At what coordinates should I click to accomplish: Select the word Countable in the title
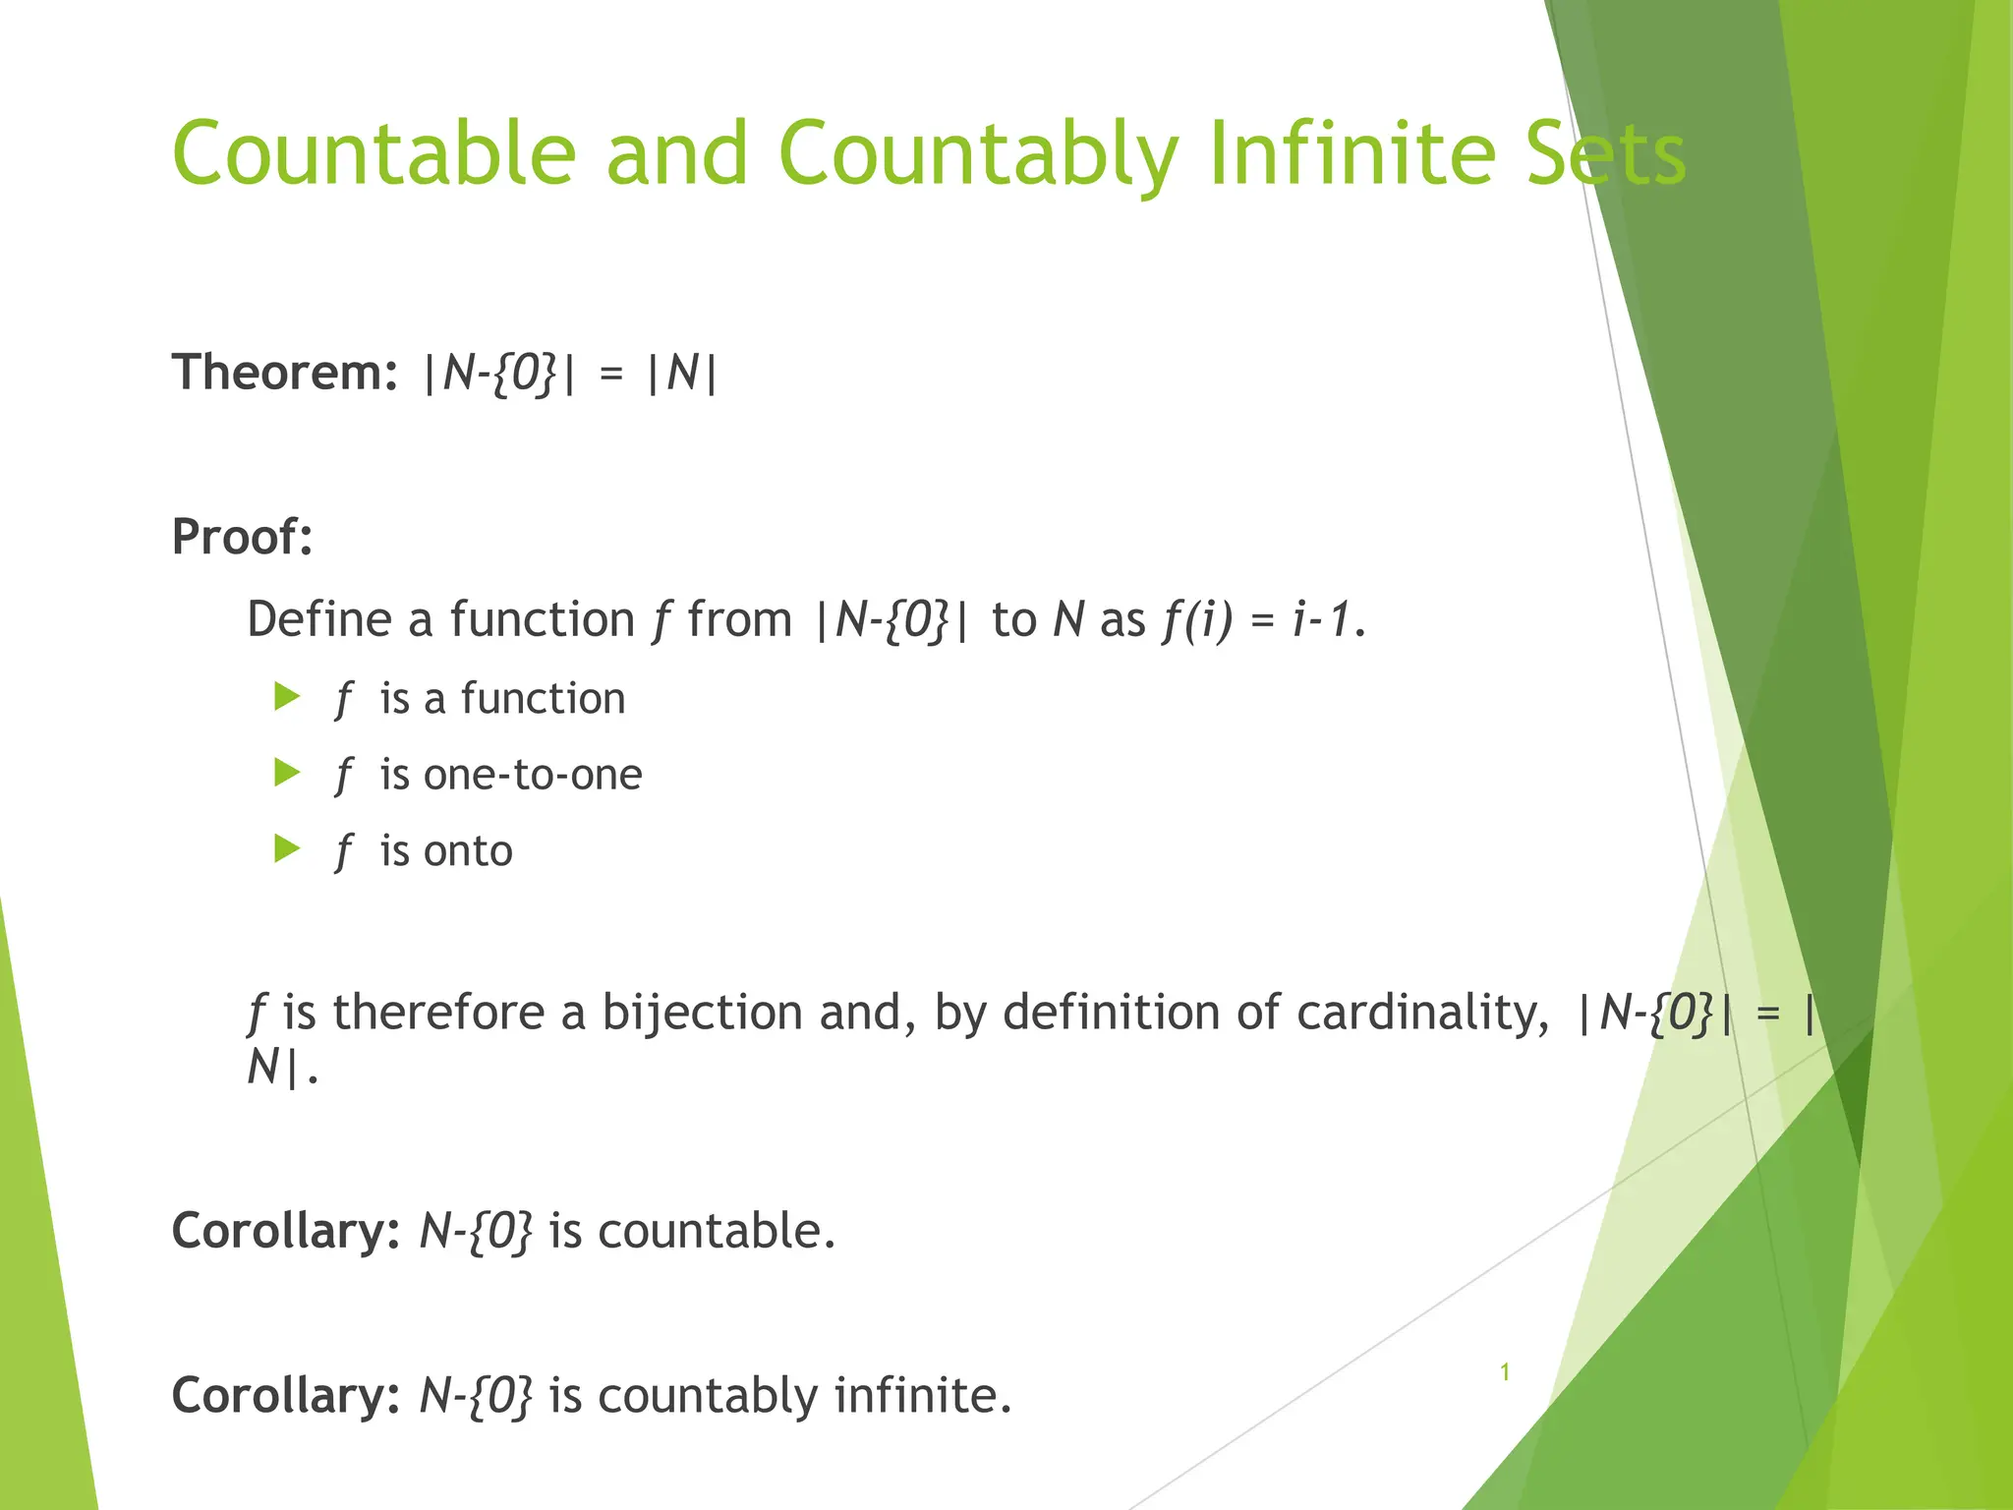(x=374, y=153)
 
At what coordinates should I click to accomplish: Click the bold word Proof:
(x=242, y=537)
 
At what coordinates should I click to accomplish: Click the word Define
(x=319, y=619)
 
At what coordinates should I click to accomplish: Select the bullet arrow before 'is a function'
(x=287, y=698)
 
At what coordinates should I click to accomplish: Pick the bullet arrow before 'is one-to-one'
(x=287, y=774)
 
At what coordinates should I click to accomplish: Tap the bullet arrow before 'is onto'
(x=287, y=849)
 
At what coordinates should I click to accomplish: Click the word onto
(x=467, y=851)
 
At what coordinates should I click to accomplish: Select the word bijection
(x=702, y=1013)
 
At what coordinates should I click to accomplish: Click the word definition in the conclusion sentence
(x=1110, y=1013)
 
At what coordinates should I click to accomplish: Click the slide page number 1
(x=1505, y=1372)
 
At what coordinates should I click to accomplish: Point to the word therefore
(x=438, y=1013)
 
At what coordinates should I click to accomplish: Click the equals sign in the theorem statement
(x=611, y=375)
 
